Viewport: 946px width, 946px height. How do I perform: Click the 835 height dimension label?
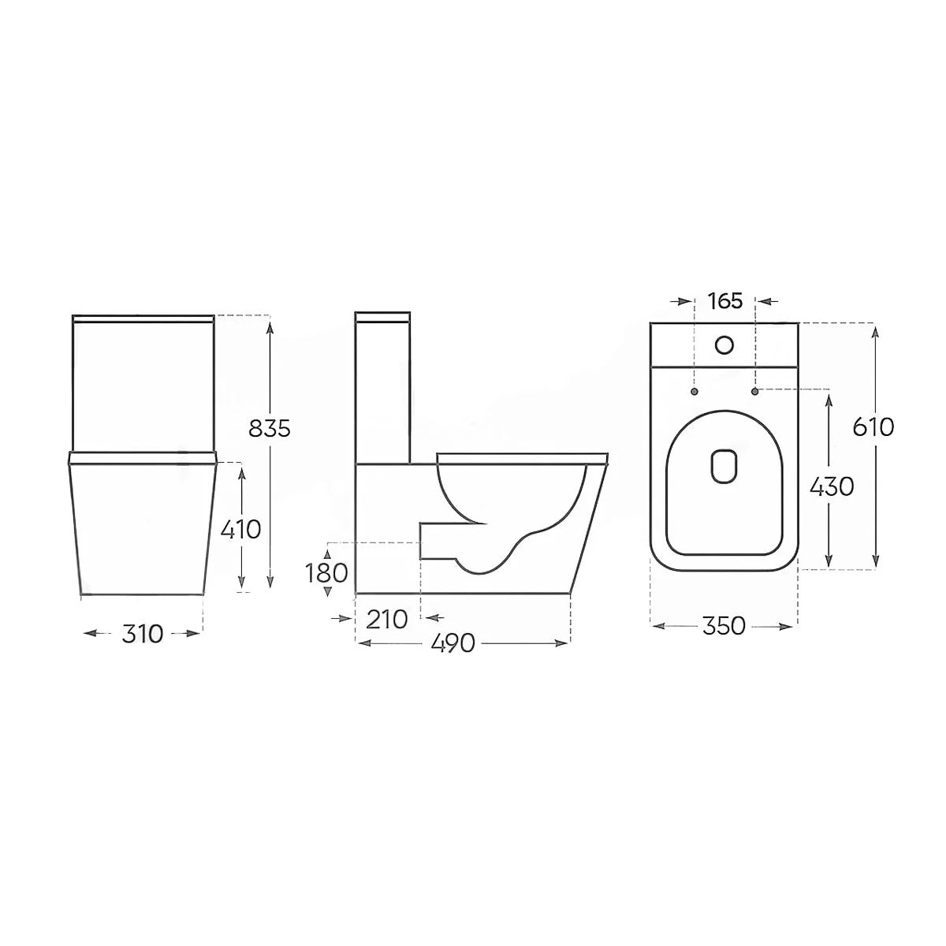270,428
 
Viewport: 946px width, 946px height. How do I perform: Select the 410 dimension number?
240,529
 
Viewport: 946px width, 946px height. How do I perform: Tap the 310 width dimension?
143,634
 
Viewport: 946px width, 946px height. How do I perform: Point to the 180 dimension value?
326,572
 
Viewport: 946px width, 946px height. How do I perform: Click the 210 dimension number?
387,619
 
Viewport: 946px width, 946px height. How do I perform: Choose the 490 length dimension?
453,643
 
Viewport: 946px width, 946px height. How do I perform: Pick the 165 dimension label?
726,301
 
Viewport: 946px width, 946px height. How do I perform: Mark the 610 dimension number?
873,427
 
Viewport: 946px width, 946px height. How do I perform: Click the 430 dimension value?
832,486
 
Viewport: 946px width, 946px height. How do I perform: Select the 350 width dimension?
724,626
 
